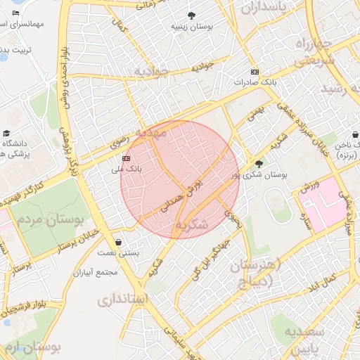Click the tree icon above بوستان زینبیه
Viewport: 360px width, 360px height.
click(191, 15)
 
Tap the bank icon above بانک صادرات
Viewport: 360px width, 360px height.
click(254, 72)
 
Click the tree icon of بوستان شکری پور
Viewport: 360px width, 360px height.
click(259, 163)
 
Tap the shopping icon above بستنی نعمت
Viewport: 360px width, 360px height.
click(127, 241)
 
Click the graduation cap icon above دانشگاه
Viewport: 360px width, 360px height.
click(6, 134)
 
